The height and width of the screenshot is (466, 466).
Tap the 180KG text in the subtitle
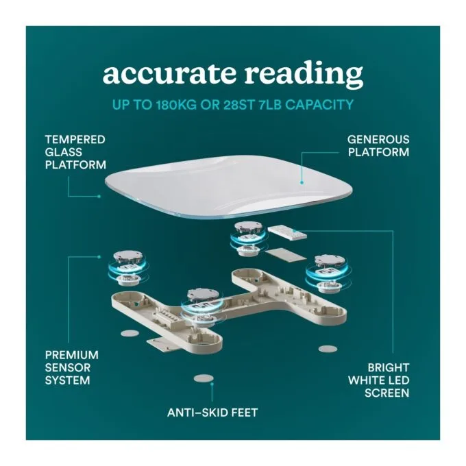pos(176,105)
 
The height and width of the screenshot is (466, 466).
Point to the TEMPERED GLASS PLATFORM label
pos(75,152)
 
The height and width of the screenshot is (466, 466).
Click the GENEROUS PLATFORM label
pos(378,145)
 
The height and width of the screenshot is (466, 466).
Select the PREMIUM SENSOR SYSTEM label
pos(72,367)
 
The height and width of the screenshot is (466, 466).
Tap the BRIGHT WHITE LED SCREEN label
pos(378,380)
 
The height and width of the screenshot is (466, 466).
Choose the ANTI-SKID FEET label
pos(212,413)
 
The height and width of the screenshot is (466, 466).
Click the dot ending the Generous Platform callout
pos(302,183)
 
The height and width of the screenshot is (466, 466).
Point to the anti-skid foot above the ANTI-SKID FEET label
pos(204,378)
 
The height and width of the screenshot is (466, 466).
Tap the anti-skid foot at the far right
pos(328,349)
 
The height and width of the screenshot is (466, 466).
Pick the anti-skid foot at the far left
pos(130,333)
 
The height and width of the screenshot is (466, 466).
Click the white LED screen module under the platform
pos(287,233)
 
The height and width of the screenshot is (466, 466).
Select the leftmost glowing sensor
pos(128,268)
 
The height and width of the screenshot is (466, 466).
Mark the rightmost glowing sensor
pos(328,272)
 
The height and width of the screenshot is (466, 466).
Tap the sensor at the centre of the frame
pos(202,307)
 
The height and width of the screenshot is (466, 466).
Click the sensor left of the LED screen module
pos(249,238)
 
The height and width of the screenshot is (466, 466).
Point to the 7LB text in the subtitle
pos(270,105)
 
